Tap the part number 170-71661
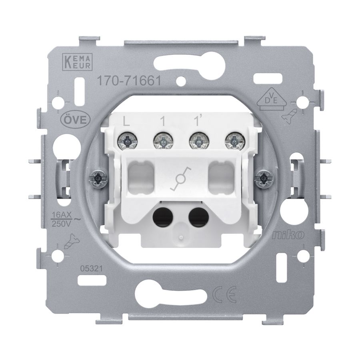[x=129, y=81]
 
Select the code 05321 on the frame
[x=91, y=268]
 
